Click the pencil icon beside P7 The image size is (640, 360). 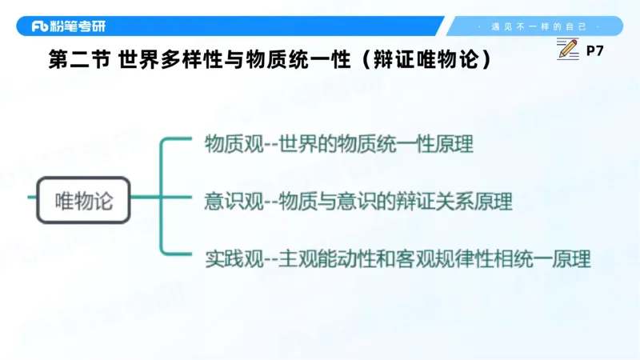coord(567,50)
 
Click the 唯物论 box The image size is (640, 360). coord(83,199)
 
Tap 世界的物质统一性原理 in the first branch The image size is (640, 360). coord(376,144)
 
